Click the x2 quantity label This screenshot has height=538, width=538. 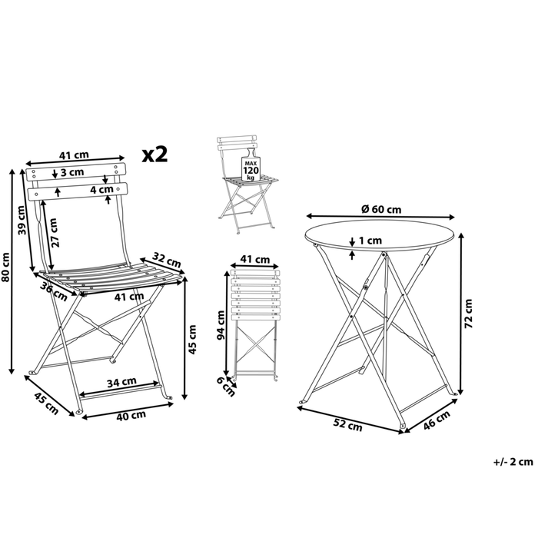click(x=154, y=154)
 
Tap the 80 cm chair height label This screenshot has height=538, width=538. click(x=6, y=267)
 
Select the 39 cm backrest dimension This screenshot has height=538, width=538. click(x=22, y=220)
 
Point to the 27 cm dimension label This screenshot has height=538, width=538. click(x=55, y=232)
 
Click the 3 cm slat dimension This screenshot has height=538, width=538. click(x=72, y=172)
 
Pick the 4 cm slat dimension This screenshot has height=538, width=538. click(x=101, y=189)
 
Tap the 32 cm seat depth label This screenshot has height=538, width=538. click(x=167, y=260)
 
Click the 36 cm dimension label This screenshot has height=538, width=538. click(x=54, y=291)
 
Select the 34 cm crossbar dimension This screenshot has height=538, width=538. click(x=121, y=382)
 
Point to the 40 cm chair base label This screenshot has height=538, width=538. click(x=131, y=416)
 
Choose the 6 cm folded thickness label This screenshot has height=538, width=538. click(x=226, y=387)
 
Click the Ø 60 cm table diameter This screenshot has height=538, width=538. click(x=381, y=208)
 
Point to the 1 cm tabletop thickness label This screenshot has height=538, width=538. click(x=370, y=241)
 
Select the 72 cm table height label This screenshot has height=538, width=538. click(x=469, y=314)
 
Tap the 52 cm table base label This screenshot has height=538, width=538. click(x=348, y=425)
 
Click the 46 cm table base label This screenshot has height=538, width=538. click(x=437, y=420)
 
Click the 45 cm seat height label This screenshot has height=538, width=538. click(x=192, y=340)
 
